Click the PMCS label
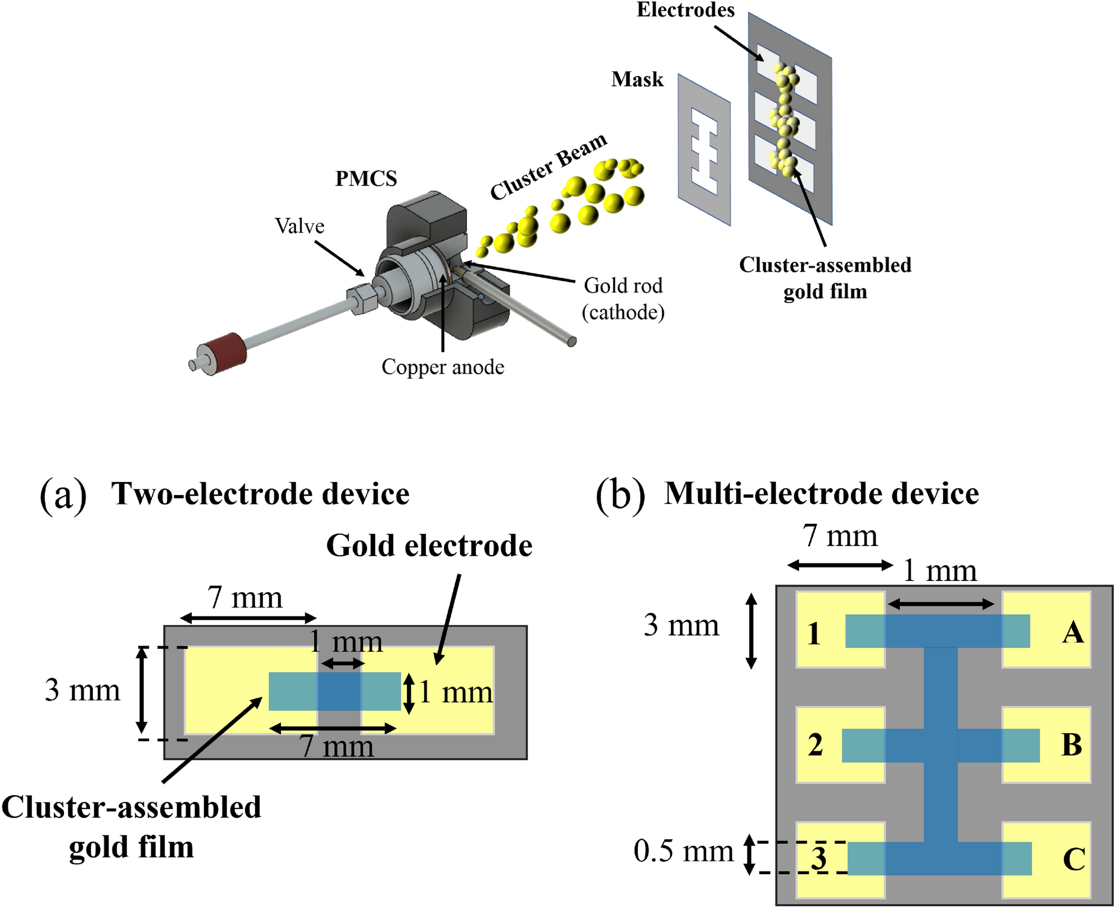click(366, 179)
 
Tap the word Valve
click(300, 226)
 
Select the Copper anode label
click(443, 367)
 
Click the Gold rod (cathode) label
click(623, 298)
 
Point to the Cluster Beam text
click(548, 167)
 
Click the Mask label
click(637, 79)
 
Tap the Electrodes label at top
click(685, 10)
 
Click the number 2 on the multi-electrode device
click(815, 745)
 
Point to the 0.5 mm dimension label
click(683, 851)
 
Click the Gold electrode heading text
click(429, 546)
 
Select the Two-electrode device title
click(260, 494)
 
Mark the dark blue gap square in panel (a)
click(339, 691)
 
